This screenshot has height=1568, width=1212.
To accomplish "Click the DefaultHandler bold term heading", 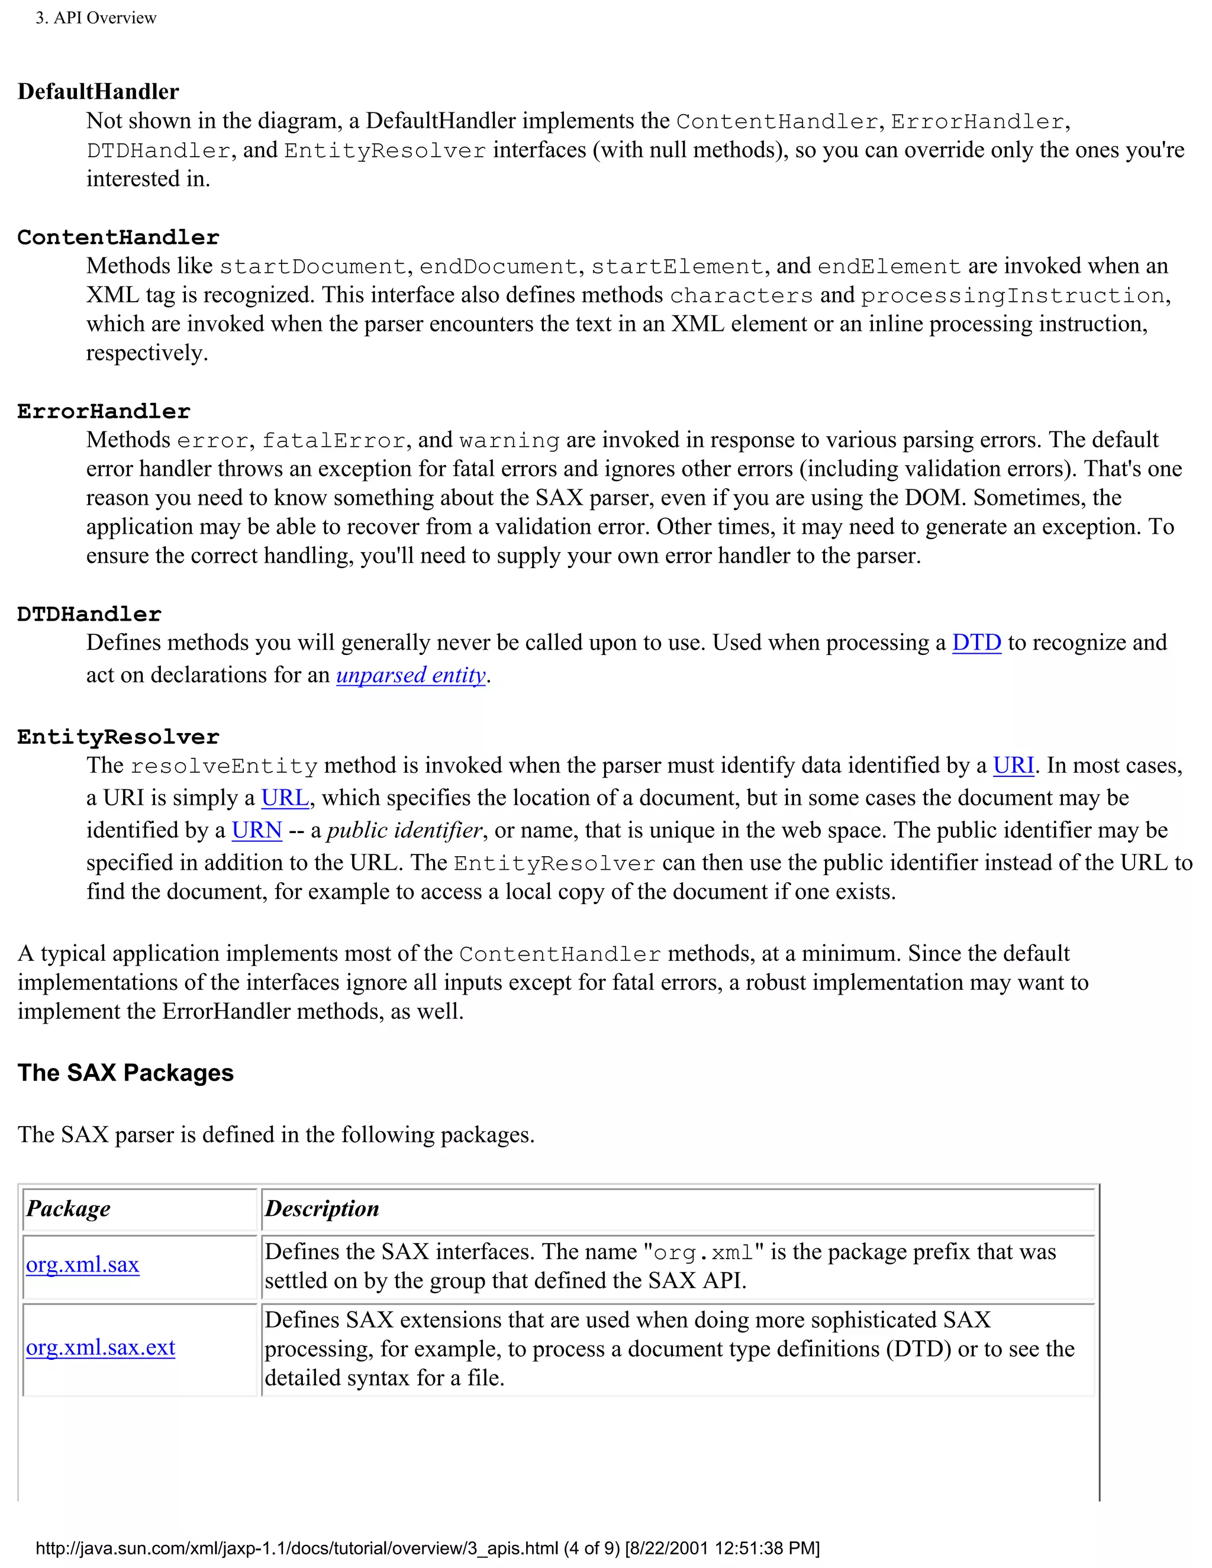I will [98, 92].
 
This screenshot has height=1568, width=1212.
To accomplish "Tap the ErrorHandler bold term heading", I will [104, 411].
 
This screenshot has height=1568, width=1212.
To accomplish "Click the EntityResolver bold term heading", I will [118, 737].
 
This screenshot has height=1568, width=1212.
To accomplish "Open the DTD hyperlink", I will [976, 643].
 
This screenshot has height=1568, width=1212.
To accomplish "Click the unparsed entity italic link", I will [411, 675].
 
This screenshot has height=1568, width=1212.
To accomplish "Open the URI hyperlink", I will [1013, 765].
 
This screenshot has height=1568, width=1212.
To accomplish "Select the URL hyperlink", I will [285, 798].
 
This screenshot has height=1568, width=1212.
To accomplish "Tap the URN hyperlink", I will [257, 830].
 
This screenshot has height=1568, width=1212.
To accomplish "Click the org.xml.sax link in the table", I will [83, 1264].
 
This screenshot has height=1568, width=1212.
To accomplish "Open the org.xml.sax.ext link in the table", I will [101, 1347].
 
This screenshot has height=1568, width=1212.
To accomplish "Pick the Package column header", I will [68, 1209].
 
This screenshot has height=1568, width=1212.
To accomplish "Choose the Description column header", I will [322, 1209].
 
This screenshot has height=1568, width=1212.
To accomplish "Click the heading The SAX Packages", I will [125, 1073].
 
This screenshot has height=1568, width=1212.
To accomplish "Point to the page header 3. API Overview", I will [96, 18].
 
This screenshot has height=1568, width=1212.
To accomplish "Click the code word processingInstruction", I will [1013, 296].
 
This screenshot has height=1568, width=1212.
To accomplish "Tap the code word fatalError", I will [334, 441].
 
